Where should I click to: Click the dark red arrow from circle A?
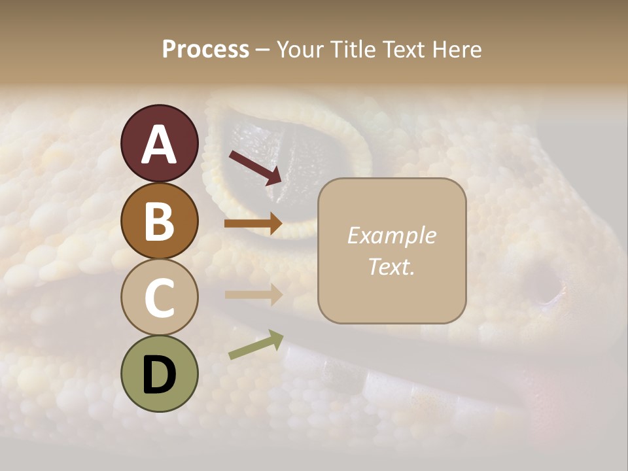pyautogui.click(x=255, y=167)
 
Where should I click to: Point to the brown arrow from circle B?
pyautogui.click(x=254, y=224)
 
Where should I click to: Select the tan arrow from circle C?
pyautogui.click(x=254, y=294)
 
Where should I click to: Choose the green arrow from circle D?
pyautogui.click(x=256, y=345)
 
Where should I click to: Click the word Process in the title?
pyautogui.click(x=205, y=49)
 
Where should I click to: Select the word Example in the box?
pyautogui.click(x=391, y=235)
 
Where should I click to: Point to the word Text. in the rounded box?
pyautogui.click(x=391, y=266)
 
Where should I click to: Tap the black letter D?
pyautogui.click(x=159, y=375)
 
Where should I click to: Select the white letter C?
pyautogui.click(x=159, y=298)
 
